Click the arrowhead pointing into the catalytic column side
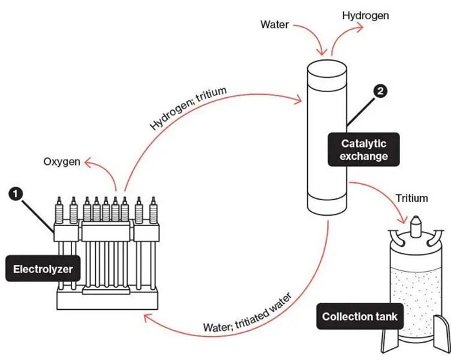tap(300, 100)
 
